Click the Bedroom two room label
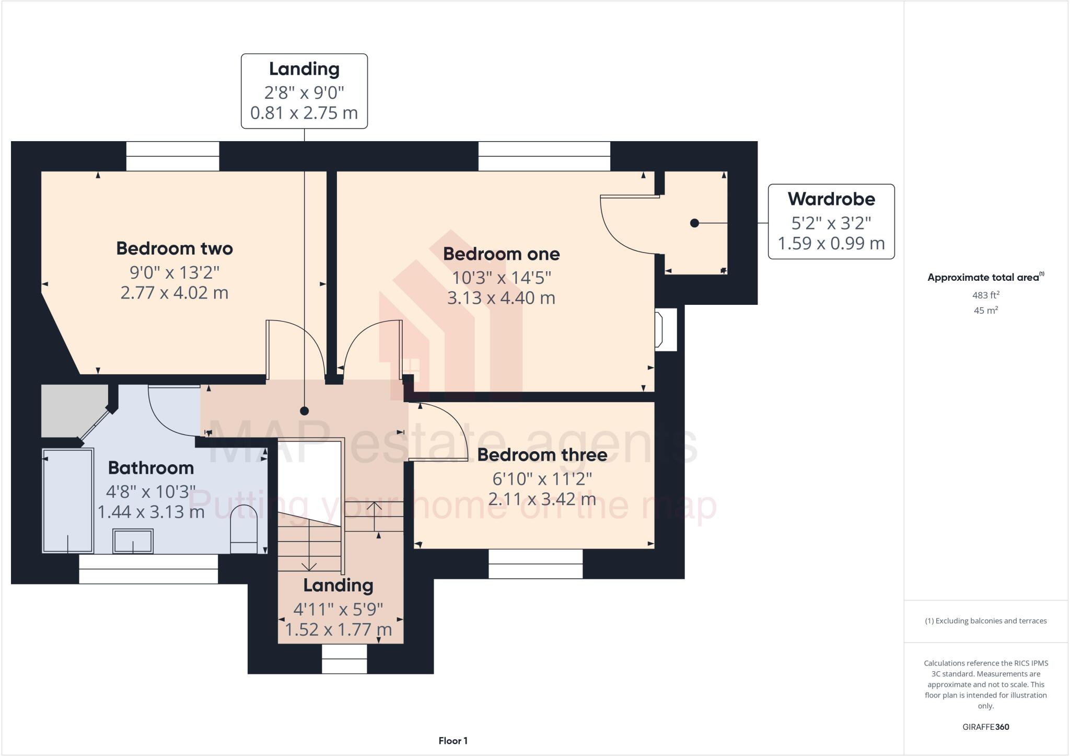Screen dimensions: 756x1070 coord(175,248)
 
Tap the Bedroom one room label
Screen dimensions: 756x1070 coord(501,254)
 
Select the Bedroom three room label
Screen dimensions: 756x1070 coord(542,455)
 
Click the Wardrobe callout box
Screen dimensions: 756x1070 coord(831,221)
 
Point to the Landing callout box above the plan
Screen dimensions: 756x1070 coord(304,91)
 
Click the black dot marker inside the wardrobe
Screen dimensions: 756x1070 coord(694,223)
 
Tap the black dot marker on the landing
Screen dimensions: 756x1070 coord(305,411)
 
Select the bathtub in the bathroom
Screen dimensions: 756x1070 coord(68,500)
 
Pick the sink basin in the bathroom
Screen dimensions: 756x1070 coord(133,541)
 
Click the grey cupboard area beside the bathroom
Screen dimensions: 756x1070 coord(71,409)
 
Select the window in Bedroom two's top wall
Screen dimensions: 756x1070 coord(172,156)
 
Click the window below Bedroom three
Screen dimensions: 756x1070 coord(536,564)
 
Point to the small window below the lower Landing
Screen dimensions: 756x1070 coord(344,659)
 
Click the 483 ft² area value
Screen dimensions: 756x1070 coord(985,295)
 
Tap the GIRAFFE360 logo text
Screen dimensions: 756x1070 coord(985,727)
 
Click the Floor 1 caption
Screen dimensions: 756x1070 coord(453,741)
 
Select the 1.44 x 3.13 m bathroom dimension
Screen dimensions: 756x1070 coord(151,512)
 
